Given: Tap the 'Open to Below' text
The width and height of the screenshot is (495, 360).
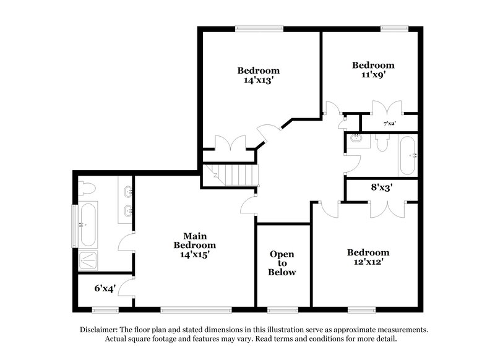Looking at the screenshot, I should (x=282, y=263).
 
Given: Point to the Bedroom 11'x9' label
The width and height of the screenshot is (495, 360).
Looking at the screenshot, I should (x=373, y=70).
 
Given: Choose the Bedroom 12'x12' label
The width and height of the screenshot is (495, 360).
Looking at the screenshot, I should (x=368, y=257).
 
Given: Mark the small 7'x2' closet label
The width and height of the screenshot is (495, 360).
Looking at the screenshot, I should (x=389, y=124).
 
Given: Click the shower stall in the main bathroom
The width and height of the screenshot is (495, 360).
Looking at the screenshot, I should (x=88, y=261).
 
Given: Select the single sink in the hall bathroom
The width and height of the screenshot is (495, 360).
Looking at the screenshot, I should (x=355, y=138).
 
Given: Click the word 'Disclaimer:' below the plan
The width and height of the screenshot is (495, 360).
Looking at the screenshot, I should (x=100, y=330).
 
